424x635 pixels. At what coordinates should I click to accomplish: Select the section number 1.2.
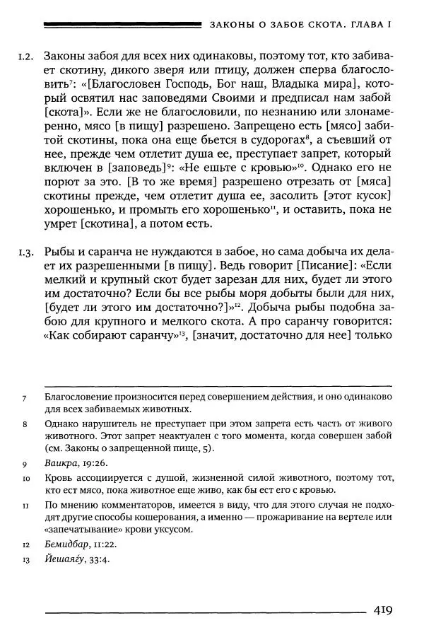click(25, 55)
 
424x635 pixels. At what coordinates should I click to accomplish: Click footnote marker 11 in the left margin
click(25, 506)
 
